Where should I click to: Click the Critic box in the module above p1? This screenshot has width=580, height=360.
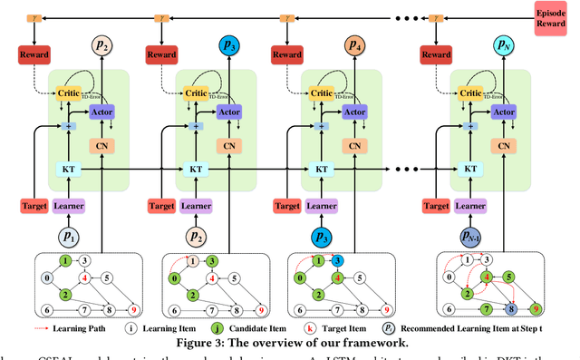(67, 92)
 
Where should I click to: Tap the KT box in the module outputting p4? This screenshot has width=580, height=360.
(319, 170)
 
